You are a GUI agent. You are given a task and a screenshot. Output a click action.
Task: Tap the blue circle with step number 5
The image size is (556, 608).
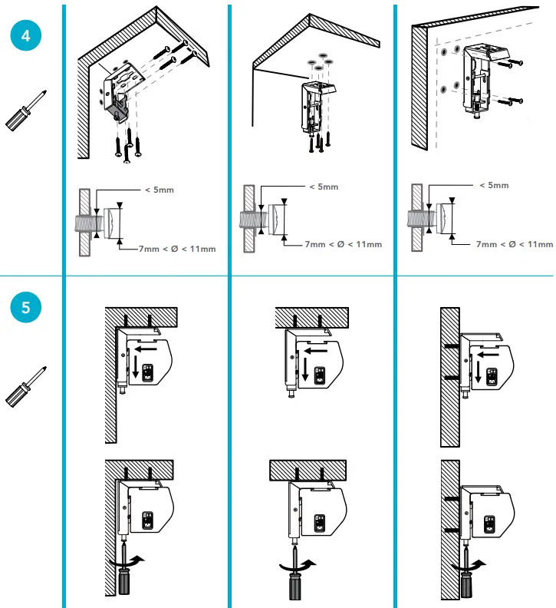[26, 308]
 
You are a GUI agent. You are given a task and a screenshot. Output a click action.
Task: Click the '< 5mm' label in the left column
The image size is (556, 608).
[150, 191]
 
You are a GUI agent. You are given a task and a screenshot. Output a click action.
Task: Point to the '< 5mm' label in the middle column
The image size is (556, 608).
[322, 187]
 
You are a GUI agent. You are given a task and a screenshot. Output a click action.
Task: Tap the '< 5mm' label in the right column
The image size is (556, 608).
[493, 185]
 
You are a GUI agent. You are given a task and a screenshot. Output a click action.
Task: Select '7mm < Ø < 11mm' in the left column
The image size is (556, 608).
[177, 249]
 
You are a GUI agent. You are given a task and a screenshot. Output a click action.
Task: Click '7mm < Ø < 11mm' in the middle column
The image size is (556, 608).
[343, 244]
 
